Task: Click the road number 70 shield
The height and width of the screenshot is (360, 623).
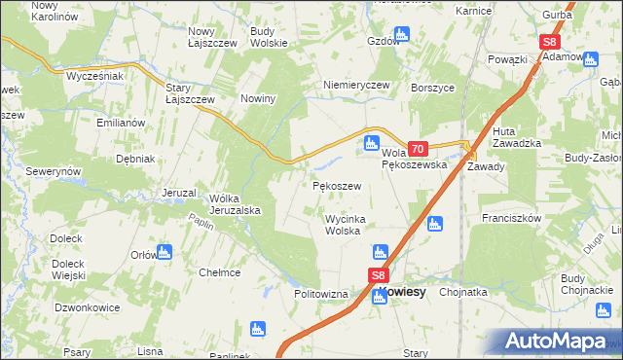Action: pos(418,149)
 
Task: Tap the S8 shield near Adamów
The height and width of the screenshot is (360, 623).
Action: pos(550,42)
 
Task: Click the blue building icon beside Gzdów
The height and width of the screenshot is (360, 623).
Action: pos(403,34)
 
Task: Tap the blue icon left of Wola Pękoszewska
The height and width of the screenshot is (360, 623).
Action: pos(371,145)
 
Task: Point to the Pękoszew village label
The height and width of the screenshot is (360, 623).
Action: pos(337,185)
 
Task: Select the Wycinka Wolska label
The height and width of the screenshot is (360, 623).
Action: pos(344,225)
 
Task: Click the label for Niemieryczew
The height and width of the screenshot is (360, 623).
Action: pos(356,85)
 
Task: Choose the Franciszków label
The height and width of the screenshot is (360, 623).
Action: pos(511,219)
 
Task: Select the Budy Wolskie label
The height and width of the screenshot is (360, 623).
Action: pos(269,37)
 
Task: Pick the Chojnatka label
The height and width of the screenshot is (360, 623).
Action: pos(463,291)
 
